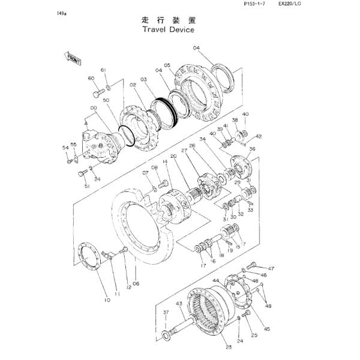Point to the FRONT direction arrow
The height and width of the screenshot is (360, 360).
[x=74, y=58]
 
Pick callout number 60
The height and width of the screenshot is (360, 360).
[x=91, y=79]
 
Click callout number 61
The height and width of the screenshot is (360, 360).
[x=103, y=70]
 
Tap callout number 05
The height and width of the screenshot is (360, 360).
[x=167, y=65]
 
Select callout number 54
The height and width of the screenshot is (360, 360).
[x=65, y=147]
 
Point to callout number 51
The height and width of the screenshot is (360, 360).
[x=87, y=187]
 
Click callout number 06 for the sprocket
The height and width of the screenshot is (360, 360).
[x=136, y=283]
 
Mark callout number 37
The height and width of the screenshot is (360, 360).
[x=166, y=313]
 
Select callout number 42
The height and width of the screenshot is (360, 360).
[x=259, y=136]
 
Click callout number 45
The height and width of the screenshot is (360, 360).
[x=267, y=328]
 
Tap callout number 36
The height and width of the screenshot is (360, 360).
[x=253, y=149]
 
